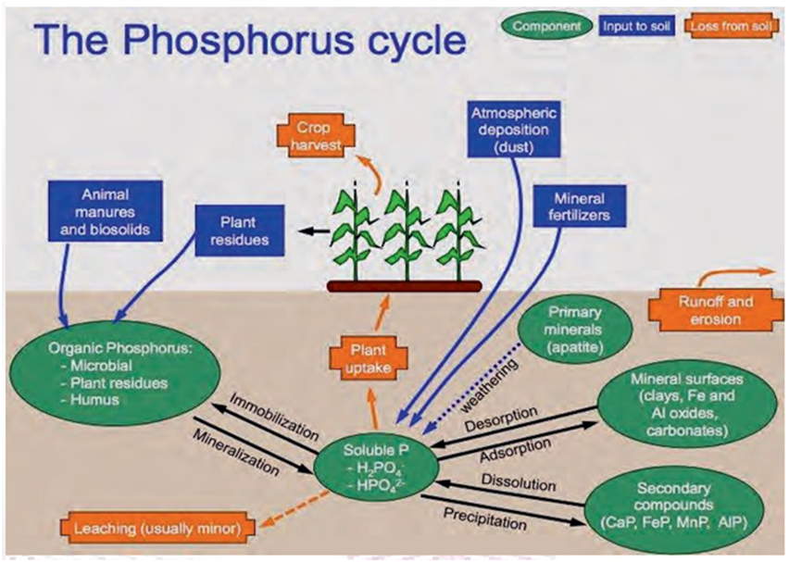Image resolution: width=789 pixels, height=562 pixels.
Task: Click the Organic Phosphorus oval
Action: (x=101, y=375)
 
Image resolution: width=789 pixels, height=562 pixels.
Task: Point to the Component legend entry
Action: (x=547, y=26)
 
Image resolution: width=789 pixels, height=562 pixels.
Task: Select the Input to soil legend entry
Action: (x=636, y=26)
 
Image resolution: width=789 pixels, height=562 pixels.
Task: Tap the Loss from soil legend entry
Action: (x=732, y=26)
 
